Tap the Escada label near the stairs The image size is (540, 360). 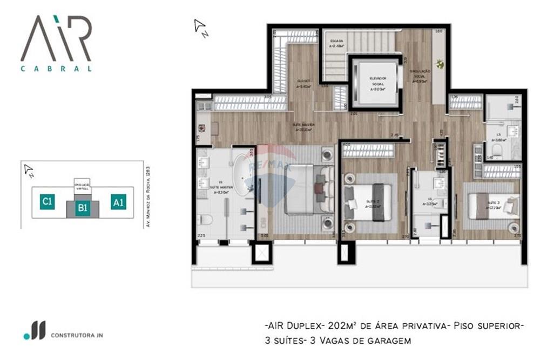click(336, 42)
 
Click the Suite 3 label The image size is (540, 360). click(492, 206)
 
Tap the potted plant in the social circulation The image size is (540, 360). click(440, 65)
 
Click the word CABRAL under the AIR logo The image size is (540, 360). click(56, 69)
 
